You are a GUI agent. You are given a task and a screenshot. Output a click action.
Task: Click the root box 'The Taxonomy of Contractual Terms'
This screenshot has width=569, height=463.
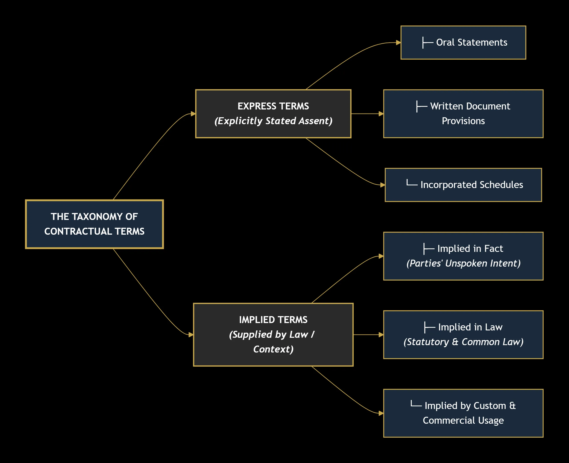[x=94, y=224]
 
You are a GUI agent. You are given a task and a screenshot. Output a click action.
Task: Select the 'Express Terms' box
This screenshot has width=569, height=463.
[x=273, y=114]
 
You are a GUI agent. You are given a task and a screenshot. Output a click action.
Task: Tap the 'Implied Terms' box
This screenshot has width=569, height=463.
[x=273, y=334]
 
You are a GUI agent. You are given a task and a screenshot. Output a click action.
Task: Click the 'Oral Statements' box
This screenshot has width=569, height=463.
[x=463, y=42]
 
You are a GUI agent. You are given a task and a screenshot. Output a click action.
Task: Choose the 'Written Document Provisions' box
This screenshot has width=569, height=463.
[x=463, y=114]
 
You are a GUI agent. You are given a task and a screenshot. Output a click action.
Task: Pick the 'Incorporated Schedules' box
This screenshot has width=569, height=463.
[x=463, y=185]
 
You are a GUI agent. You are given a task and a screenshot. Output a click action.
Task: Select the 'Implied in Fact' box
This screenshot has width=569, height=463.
[x=463, y=256]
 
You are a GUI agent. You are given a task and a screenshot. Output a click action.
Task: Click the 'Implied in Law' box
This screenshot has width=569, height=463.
[x=463, y=334]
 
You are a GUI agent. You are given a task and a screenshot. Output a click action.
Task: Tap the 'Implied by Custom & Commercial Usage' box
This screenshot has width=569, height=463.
[x=463, y=413]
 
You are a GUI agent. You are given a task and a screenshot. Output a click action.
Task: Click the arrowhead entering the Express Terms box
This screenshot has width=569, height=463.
[x=193, y=114]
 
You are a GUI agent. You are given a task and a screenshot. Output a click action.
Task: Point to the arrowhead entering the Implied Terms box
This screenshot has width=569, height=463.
[x=191, y=334]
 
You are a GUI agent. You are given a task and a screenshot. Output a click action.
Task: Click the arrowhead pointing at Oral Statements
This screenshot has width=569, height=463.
[x=399, y=42]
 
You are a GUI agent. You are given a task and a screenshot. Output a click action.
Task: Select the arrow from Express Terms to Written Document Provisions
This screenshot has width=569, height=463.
[x=367, y=114]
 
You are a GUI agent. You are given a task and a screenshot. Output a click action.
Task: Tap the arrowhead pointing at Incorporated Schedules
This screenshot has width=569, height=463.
[x=383, y=185]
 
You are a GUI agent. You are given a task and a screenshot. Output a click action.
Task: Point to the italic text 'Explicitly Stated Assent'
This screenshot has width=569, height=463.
[x=273, y=121]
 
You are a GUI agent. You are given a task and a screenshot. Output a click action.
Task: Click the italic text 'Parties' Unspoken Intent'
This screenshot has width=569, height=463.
[x=463, y=263]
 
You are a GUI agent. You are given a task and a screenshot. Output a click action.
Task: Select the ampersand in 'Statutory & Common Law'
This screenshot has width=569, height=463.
[x=455, y=342]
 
